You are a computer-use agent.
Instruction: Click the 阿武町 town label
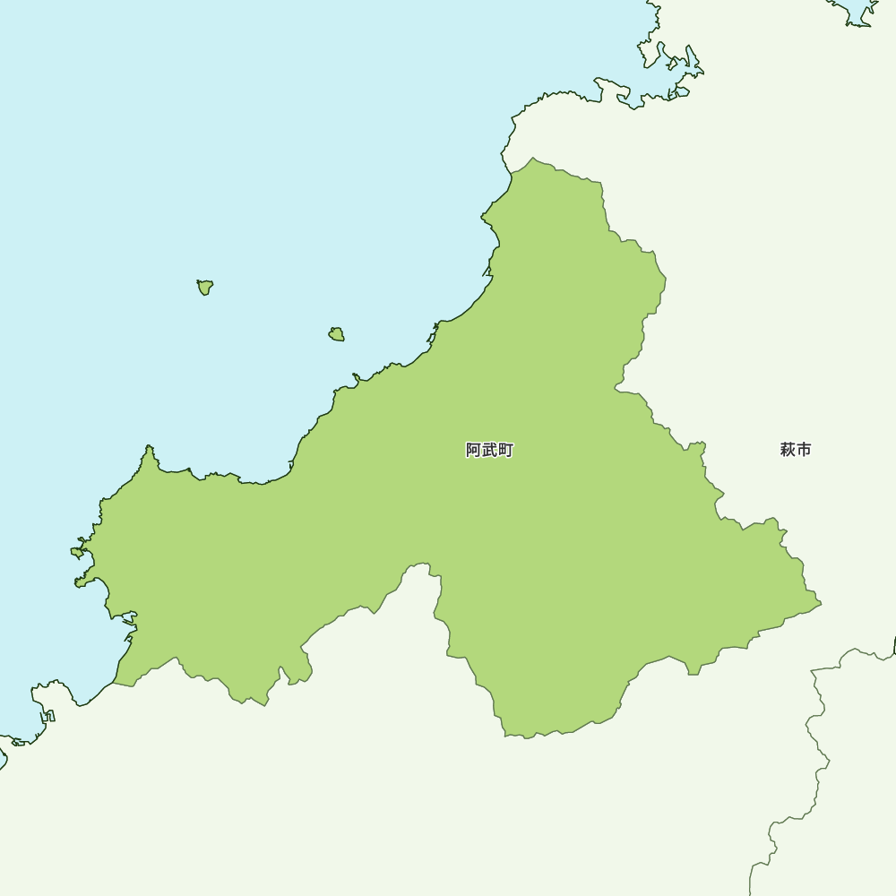(489, 450)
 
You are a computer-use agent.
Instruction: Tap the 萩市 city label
(795, 450)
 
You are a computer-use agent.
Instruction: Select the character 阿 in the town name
(474, 450)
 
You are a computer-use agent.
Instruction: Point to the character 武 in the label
(489, 450)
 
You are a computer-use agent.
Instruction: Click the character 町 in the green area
(505, 450)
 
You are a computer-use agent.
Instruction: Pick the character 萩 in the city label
(787, 450)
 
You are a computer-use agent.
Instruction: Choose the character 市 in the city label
(804, 450)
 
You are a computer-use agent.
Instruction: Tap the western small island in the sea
(205, 287)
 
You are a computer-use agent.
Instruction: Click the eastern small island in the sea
(336, 334)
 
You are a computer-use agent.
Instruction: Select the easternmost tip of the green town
(820, 604)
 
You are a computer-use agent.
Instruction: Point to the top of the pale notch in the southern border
(418, 565)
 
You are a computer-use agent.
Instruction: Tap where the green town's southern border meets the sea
(115, 683)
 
